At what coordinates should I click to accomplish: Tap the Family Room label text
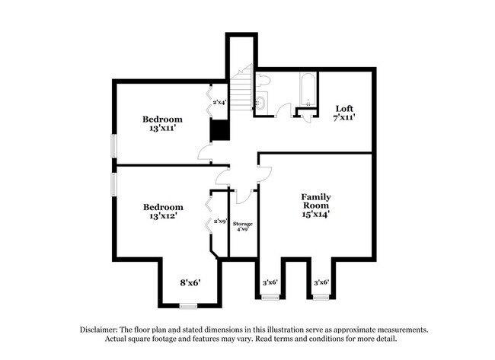pos(315,205)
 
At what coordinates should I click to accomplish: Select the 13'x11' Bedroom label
pos(163,124)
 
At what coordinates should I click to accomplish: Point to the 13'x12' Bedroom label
pos(163,212)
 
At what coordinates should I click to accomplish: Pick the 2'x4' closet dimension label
pos(219,102)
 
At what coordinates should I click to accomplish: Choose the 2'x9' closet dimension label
pos(219,221)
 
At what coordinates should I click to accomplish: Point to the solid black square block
pos(219,132)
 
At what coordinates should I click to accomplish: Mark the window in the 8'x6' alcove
pos(188,305)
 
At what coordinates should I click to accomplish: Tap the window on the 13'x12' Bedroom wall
pos(113,183)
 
